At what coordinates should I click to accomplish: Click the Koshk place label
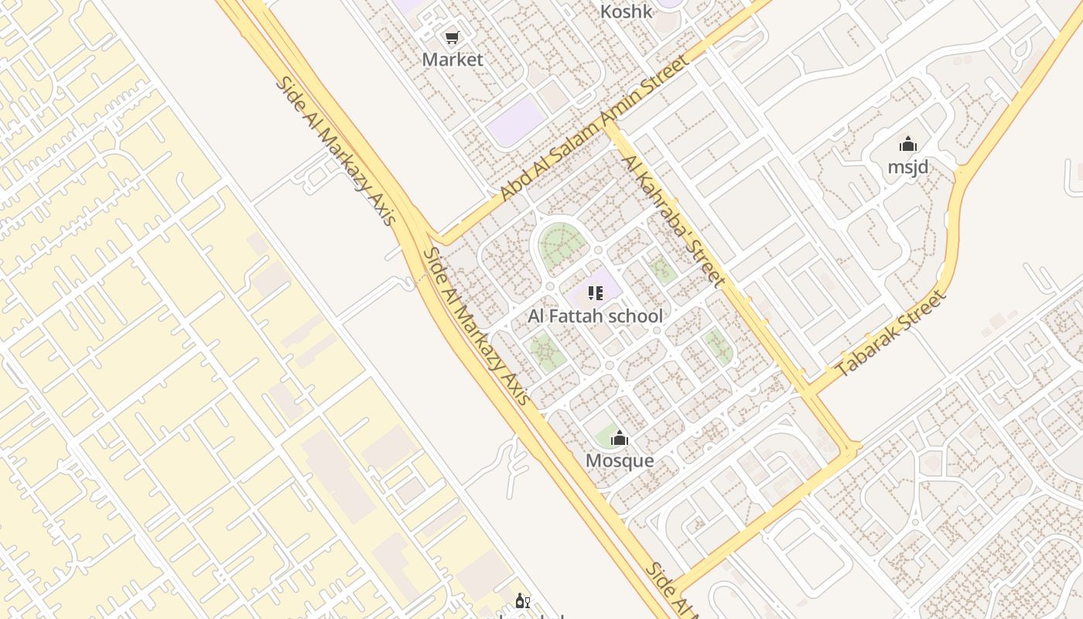(627, 12)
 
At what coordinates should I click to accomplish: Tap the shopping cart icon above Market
(453, 37)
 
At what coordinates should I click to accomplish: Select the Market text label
(453, 60)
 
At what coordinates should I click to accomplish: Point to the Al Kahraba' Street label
(674, 221)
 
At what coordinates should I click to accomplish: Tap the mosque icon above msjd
(908, 144)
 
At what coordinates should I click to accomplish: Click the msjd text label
(908, 167)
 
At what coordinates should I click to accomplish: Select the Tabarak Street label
(892, 333)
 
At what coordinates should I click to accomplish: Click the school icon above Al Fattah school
(595, 293)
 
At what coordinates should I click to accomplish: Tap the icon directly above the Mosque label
(619, 439)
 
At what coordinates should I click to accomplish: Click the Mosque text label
(620, 461)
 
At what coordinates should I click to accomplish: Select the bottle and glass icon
(523, 601)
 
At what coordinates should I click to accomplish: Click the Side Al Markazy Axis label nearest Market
(336, 150)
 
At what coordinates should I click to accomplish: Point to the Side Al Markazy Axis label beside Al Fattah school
(477, 326)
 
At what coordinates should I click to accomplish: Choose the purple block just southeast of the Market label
(516, 120)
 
